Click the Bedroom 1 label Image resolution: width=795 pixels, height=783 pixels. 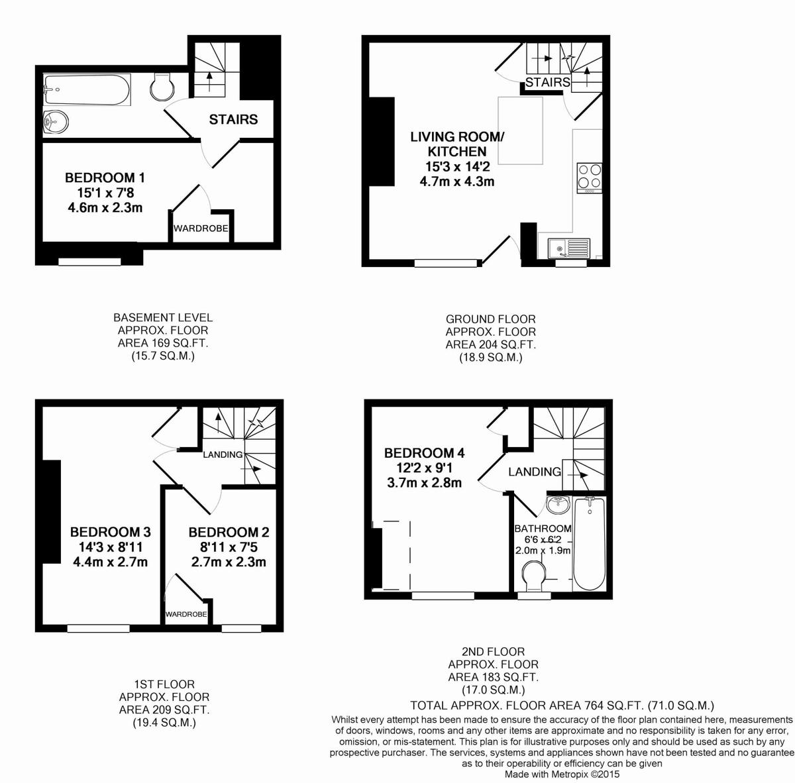105,178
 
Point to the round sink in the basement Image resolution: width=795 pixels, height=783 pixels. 55,121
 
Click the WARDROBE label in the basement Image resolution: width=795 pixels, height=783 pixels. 201,229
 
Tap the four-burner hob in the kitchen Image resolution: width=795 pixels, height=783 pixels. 589,176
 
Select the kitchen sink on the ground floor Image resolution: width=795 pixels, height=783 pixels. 568,248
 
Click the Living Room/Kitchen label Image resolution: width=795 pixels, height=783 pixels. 457,144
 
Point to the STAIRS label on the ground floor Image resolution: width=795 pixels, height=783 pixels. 548,82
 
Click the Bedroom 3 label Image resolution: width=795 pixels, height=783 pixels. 111,532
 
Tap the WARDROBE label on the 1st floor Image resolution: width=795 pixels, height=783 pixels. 186,614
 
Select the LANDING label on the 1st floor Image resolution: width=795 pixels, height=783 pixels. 223,454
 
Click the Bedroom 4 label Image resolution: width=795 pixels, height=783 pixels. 424,453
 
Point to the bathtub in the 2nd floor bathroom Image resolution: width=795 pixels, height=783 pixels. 588,545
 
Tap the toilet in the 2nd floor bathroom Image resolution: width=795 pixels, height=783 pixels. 534,575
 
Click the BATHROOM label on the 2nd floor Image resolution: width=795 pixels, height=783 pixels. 543,529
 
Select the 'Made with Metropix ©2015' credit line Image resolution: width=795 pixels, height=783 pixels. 562,774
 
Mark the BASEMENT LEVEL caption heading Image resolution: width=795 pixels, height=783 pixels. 163,318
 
